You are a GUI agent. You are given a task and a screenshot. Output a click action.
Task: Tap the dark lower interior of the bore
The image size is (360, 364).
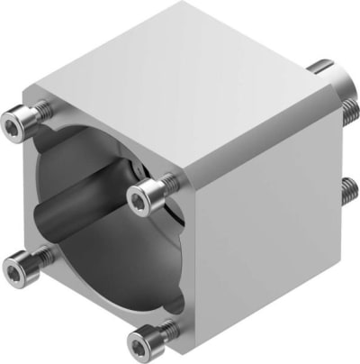point(99,270)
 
